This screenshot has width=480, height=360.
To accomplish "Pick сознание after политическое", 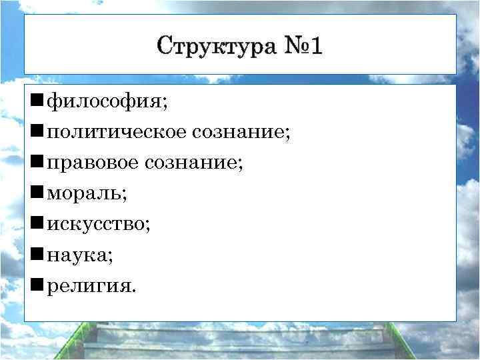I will [x=238, y=133].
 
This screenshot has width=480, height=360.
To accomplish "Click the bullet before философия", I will [x=37, y=103].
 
